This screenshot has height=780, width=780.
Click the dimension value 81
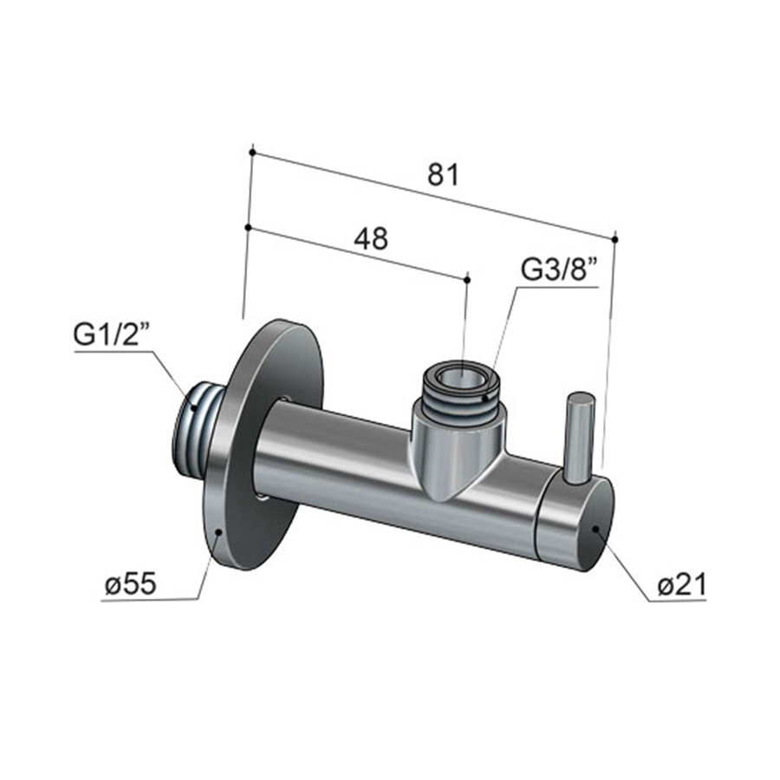point(443,174)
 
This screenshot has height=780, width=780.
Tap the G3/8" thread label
point(560,270)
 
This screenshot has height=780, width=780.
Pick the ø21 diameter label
point(681,586)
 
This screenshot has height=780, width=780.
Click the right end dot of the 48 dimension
point(467,278)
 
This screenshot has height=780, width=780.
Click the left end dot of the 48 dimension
point(248,227)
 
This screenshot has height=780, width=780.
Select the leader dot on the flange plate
point(220,533)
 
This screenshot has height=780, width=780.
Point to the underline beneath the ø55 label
point(147,600)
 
